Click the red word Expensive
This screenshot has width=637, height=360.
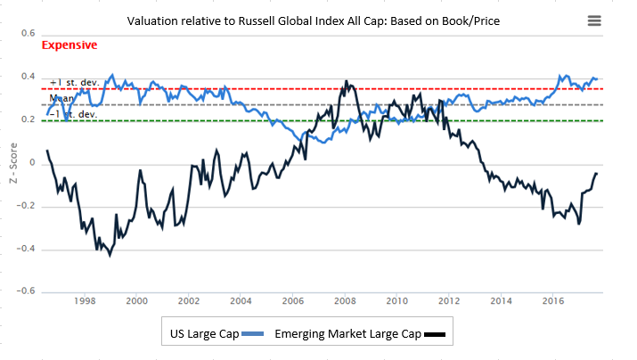click(x=69, y=45)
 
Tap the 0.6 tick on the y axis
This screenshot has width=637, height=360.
click(x=27, y=32)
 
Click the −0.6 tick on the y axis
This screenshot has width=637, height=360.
click(x=25, y=290)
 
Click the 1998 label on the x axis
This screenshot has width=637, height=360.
click(x=85, y=301)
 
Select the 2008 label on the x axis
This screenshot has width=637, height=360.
click(x=345, y=301)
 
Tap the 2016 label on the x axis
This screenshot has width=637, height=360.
click(x=553, y=301)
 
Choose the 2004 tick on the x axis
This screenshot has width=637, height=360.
click(x=241, y=301)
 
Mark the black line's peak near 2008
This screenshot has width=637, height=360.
click(x=346, y=81)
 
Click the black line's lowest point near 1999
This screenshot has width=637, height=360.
click(x=110, y=256)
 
